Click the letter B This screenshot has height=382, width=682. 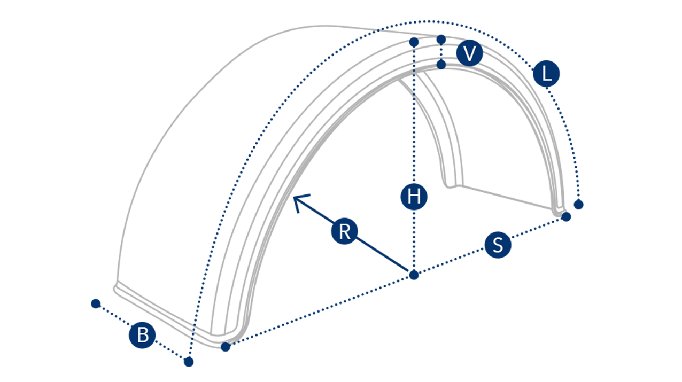(x=143, y=336)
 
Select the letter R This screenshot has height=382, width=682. (x=345, y=232)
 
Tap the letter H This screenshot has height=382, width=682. (x=414, y=197)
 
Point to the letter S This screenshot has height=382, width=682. (x=498, y=245)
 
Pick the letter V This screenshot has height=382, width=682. (x=469, y=54)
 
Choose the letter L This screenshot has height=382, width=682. (x=547, y=74)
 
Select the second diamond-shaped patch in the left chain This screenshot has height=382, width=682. (x=413, y=56)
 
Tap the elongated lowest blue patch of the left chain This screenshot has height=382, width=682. (x=414, y=84)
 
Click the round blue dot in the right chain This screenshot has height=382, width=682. (x=441, y=51)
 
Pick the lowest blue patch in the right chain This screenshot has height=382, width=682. (x=441, y=64)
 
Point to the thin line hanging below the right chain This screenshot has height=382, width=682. (x=441, y=75)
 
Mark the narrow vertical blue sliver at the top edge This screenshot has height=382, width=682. (x=378, y=31)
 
